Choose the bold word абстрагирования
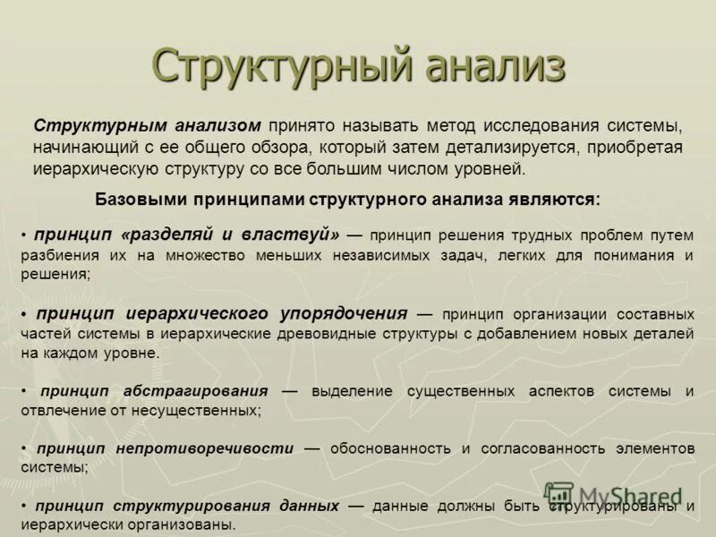(197, 391)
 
